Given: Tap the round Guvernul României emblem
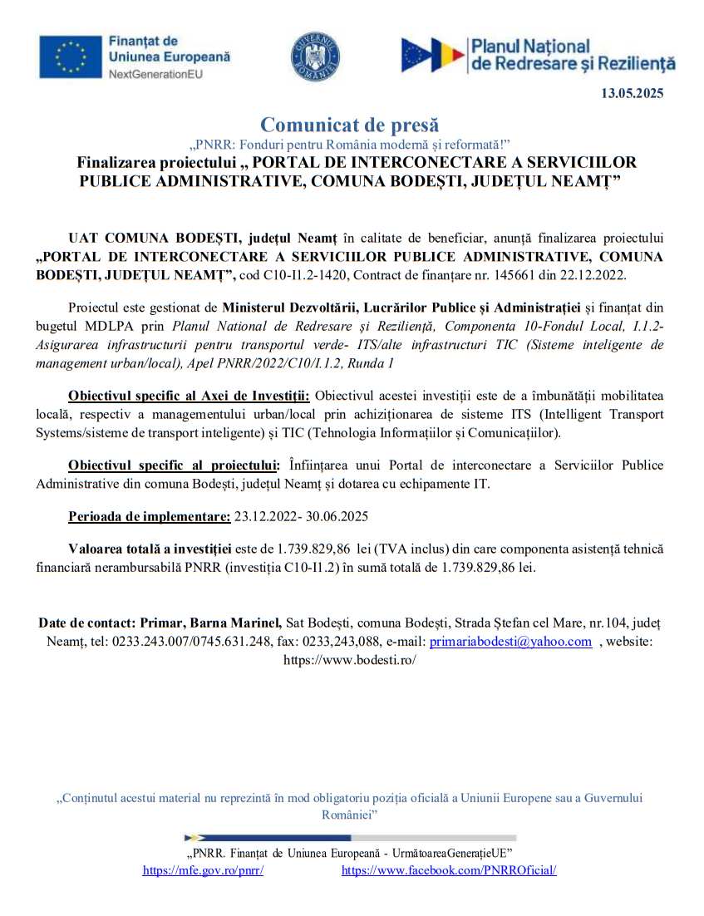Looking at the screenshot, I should (x=315, y=57).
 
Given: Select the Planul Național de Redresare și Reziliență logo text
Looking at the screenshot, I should (x=573, y=56).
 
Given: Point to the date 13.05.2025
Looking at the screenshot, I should (x=632, y=94).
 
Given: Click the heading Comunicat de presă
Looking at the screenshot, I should (x=349, y=126).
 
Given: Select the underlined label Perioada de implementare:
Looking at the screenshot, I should (x=150, y=516).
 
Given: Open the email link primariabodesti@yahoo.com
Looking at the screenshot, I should (x=510, y=642).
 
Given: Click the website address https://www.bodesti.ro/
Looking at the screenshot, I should (x=350, y=661).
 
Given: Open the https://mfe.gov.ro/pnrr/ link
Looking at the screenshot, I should (x=204, y=871).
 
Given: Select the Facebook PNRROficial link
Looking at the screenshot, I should (x=449, y=871).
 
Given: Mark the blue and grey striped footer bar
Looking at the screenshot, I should (x=350, y=838).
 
